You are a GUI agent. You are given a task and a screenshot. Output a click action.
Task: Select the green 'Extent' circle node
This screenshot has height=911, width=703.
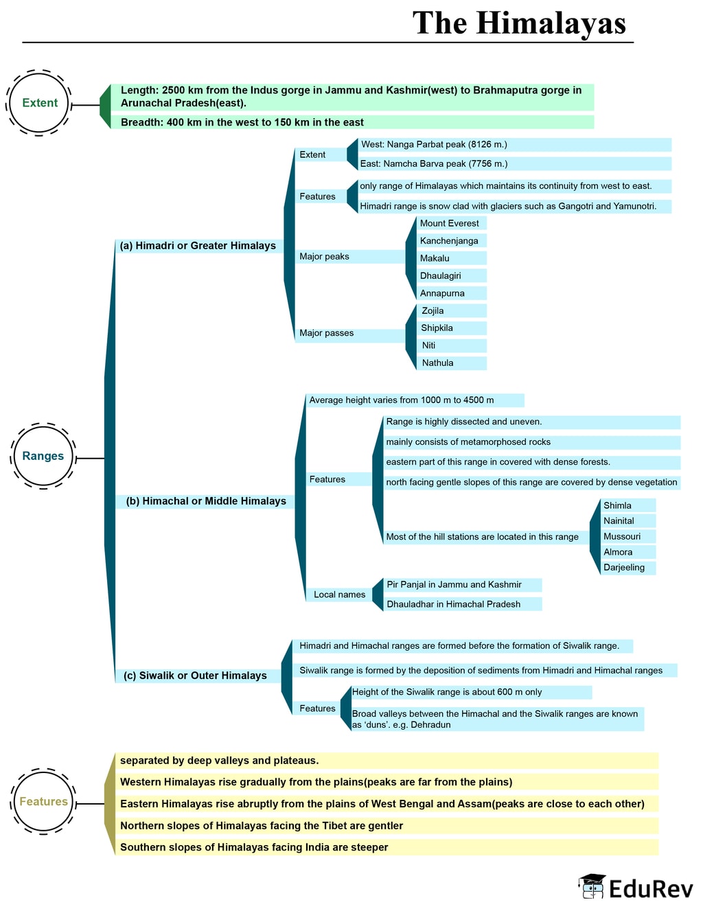pos(39,103)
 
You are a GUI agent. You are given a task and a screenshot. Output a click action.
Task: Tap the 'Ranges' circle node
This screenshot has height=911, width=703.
pos(43,456)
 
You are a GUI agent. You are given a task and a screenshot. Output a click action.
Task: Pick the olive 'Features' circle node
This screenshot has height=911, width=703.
pos(43,802)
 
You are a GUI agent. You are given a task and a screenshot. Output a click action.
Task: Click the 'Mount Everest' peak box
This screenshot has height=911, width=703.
pos(452,223)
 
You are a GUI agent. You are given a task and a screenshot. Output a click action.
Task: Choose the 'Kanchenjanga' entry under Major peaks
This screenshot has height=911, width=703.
pos(452,241)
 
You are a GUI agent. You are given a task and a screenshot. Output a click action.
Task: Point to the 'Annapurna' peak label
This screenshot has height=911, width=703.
pos(452,293)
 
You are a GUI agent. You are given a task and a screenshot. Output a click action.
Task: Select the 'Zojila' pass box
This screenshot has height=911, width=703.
pos(452,311)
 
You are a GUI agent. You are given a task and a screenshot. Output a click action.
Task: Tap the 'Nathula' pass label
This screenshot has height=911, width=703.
pos(452,363)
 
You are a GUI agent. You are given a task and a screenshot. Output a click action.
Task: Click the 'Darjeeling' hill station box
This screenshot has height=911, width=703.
pos(628,568)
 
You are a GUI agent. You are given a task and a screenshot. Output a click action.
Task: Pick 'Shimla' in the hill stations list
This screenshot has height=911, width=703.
pos(628,505)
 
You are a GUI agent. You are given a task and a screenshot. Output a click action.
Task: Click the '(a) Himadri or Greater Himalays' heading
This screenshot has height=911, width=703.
pos(198,246)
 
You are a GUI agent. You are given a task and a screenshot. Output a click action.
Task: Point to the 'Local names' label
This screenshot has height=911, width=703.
pos(339,595)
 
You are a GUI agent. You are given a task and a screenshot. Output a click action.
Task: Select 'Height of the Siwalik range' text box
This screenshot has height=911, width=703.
pos(471,692)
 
